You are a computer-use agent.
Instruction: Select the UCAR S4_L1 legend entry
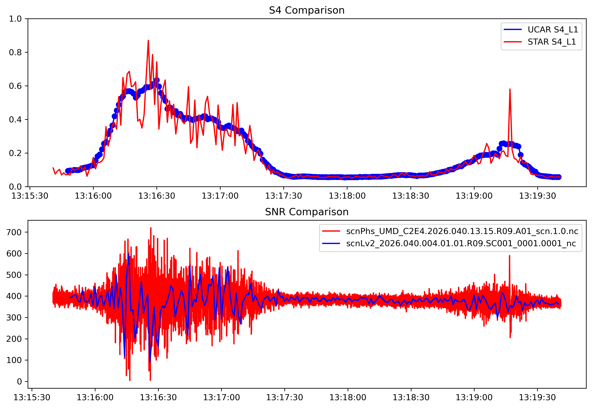coord(553,30)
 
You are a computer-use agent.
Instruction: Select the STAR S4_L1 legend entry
coord(552,42)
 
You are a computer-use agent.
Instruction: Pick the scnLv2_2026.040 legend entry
coord(461,243)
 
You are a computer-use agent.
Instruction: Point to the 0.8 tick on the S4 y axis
coord(15,52)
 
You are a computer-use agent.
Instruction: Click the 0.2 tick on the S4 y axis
coord(15,153)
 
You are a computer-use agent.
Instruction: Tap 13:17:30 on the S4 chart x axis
coord(283,196)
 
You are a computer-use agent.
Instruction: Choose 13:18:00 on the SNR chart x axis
coord(348,398)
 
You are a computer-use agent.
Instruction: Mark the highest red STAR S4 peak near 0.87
coord(148,41)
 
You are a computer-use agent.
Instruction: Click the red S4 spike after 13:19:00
coord(510,89)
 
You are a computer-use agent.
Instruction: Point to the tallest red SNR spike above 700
coord(151,228)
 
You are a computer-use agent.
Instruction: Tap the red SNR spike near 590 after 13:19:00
coord(509,256)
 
